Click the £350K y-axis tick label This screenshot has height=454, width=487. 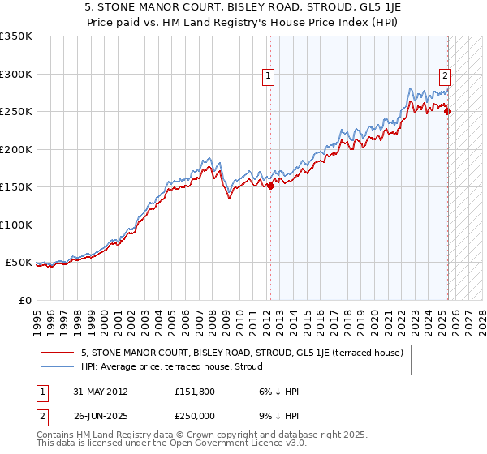pyautogui.click(x=15, y=36)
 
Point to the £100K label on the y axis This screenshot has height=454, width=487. pyautogui.click(x=15, y=225)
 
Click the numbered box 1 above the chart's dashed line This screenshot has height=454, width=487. pyautogui.click(x=268, y=77)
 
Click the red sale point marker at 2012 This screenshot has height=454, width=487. pyautogui.click(x=270, y=186)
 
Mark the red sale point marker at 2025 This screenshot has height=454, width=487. pyautogui.click(x=448, y=112)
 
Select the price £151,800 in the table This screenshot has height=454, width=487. pyautogui.click(x=194, y=392)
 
